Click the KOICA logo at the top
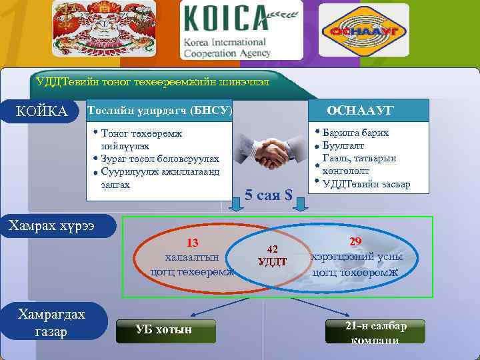tap(241, 31)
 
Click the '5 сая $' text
tap(269, 195)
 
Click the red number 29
tap(355, 242)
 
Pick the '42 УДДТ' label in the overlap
tap(272, 255)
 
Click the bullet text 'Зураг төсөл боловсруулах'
tap(159, 159)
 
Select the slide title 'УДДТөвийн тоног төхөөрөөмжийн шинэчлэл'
tap(153, 82)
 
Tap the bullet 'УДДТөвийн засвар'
tap(366, 184)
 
